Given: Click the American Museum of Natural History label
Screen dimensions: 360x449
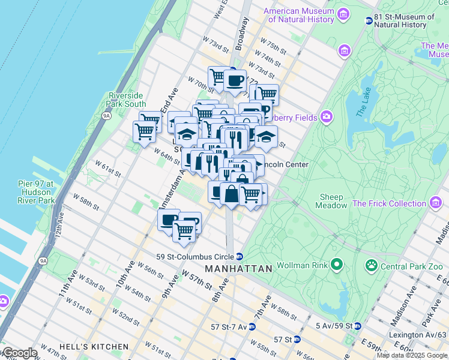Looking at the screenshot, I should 298,15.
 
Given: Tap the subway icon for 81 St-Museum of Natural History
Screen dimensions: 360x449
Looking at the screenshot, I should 369,21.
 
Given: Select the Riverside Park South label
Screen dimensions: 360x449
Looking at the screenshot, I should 126,100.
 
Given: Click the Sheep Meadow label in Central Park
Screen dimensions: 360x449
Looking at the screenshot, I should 331,201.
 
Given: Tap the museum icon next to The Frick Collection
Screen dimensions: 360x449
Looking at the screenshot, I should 435,203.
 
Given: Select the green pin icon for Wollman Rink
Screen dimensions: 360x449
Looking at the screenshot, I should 337,264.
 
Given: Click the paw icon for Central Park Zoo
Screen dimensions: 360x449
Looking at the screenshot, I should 372,264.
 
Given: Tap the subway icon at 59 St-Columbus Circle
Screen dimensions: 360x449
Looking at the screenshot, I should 239,256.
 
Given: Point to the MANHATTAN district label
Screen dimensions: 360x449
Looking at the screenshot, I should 238,269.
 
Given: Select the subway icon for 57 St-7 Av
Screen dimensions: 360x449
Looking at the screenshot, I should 252,327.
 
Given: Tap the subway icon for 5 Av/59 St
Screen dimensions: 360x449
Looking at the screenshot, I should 357,326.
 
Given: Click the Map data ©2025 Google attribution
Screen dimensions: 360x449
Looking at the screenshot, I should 412,355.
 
